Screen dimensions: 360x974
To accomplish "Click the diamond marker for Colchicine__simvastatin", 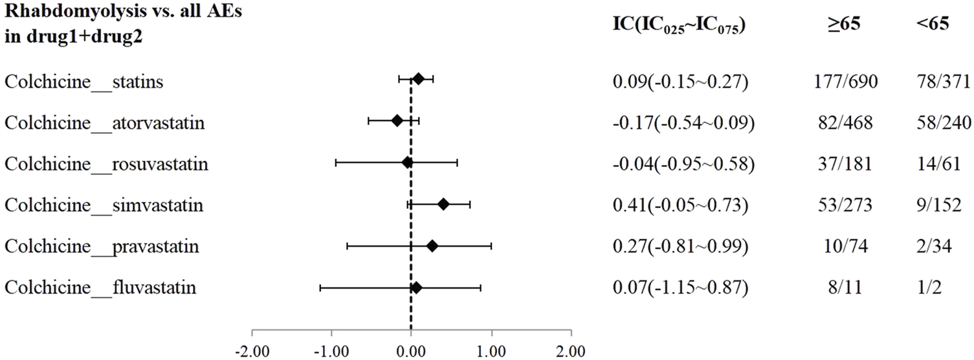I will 443,205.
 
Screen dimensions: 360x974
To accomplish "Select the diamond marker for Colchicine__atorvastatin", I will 397,120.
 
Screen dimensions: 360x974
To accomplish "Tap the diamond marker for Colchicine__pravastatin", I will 432,246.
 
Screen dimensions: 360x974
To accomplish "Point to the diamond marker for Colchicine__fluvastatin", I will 416,287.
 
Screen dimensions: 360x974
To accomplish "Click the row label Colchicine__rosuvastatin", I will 107,164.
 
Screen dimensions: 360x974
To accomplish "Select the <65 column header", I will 931,24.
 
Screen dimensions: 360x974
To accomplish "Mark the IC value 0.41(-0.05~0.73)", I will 680,205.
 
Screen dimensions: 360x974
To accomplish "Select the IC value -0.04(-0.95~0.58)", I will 683,164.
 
